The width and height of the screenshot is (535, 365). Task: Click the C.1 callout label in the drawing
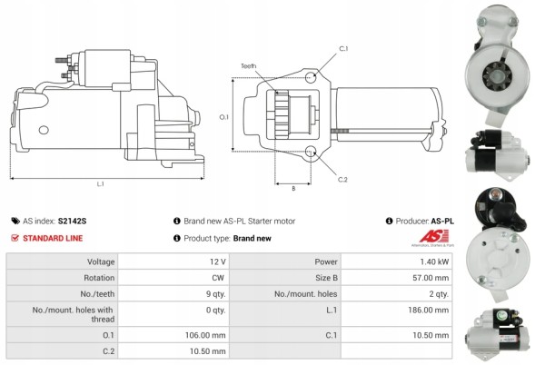pyautogui.click(x=344, y=47)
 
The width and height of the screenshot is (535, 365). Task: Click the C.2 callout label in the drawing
pyautogui.click(x=342, y=179)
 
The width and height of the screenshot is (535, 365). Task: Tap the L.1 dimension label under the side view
pyautogui.click(x=100, y=184)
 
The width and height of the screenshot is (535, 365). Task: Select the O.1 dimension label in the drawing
pyautogui.click(x=224, y=116)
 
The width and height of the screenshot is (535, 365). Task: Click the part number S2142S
pyautogui.click(x=72, y=221)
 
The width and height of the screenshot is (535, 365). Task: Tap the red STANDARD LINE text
pyautogui.click(x=55, y=238)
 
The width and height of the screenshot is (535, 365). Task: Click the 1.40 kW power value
pyautogui.click(x=435, y=261)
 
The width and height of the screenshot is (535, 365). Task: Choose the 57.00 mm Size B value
pyautogui.click(x=431, y=278)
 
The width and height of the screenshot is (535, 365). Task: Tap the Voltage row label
pyautogui.click(x=95, y=261)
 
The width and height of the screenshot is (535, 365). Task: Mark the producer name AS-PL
pyautogui.click(x=442, y=221)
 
